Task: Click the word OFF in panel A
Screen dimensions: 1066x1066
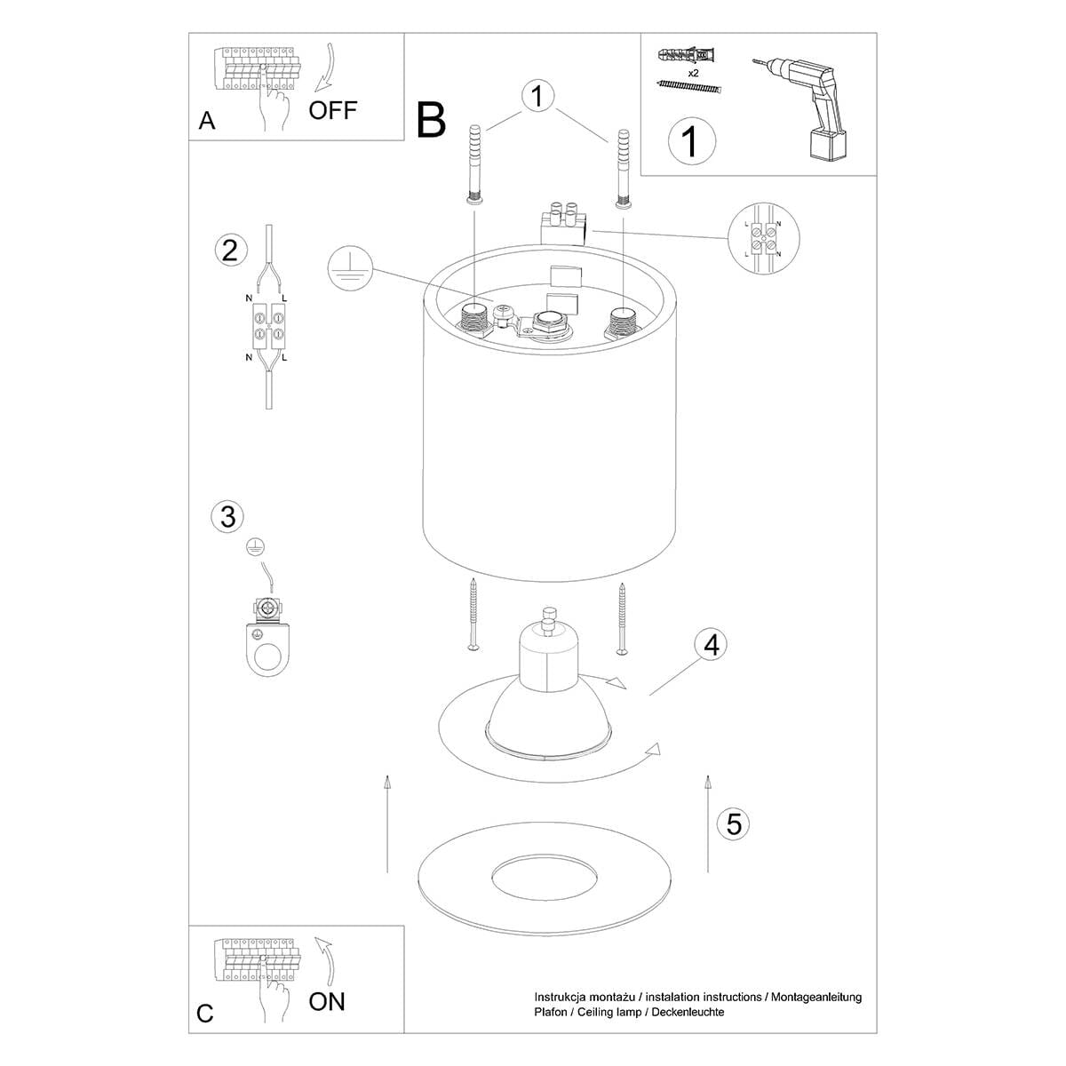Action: pos(333,110)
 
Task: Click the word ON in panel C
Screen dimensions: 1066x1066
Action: pos(327,1001)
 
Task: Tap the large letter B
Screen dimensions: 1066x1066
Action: pos(431,120)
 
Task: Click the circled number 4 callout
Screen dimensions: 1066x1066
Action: pos(711,645)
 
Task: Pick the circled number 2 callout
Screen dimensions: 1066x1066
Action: pos(230,251)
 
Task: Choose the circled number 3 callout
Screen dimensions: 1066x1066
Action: pos(228,516)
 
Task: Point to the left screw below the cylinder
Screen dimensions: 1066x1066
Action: pos(476,615)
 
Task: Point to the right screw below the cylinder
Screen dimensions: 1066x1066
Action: pos(623,619)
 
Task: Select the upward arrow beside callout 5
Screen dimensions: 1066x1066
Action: pos(707,822)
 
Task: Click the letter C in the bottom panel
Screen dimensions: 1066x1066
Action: pos(205,1014)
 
